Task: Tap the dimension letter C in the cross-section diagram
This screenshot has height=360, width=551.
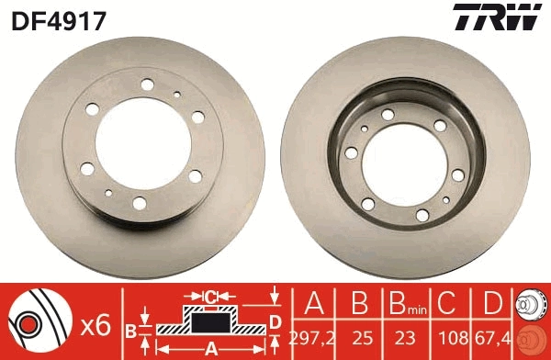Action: click(210, 297)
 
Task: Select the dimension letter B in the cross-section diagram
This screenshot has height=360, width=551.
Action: click(131, 328)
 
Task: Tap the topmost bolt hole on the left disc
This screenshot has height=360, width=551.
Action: click(146, 86)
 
